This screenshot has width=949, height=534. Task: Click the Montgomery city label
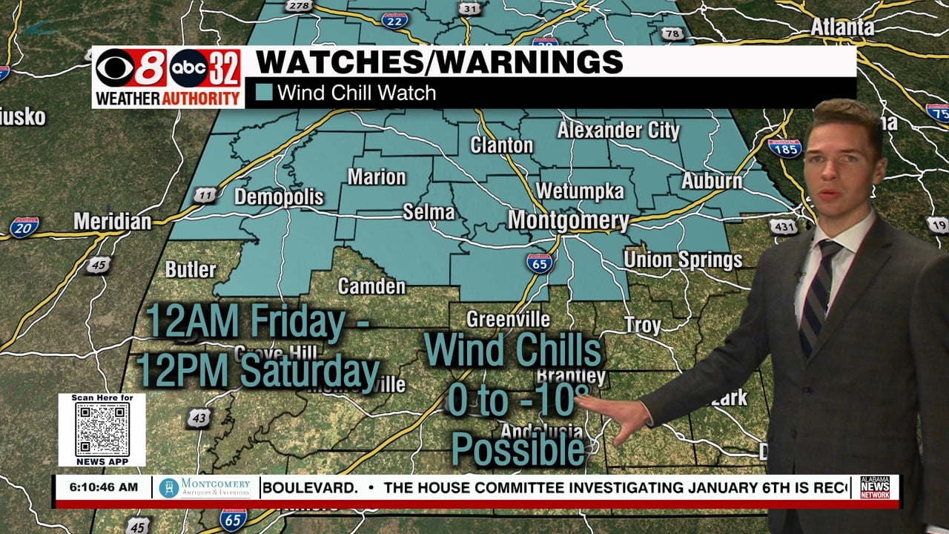568,220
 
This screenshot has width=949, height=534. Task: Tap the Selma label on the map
429,212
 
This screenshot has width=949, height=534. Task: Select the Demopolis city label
279,197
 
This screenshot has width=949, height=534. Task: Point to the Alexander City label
618,131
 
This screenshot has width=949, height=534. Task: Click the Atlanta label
842,27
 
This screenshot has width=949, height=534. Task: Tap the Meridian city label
112,221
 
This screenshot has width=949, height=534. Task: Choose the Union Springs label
682,260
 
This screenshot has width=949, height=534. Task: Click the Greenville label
508,320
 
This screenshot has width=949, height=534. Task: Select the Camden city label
371,286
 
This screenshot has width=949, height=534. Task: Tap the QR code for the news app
102,430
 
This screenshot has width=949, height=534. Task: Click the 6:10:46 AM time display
103,487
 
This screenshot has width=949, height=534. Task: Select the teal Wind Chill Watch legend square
264,93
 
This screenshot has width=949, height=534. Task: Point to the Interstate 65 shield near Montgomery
539,263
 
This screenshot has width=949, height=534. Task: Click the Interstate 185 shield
784,148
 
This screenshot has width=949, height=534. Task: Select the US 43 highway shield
198,418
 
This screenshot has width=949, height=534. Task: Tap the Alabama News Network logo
875,487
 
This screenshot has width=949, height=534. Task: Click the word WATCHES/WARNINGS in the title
439,62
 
